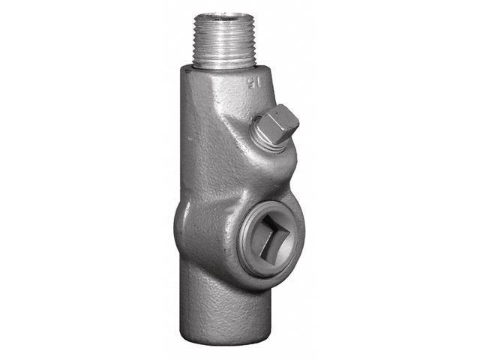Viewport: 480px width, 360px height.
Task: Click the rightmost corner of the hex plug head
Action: click(x=298, y=123)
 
